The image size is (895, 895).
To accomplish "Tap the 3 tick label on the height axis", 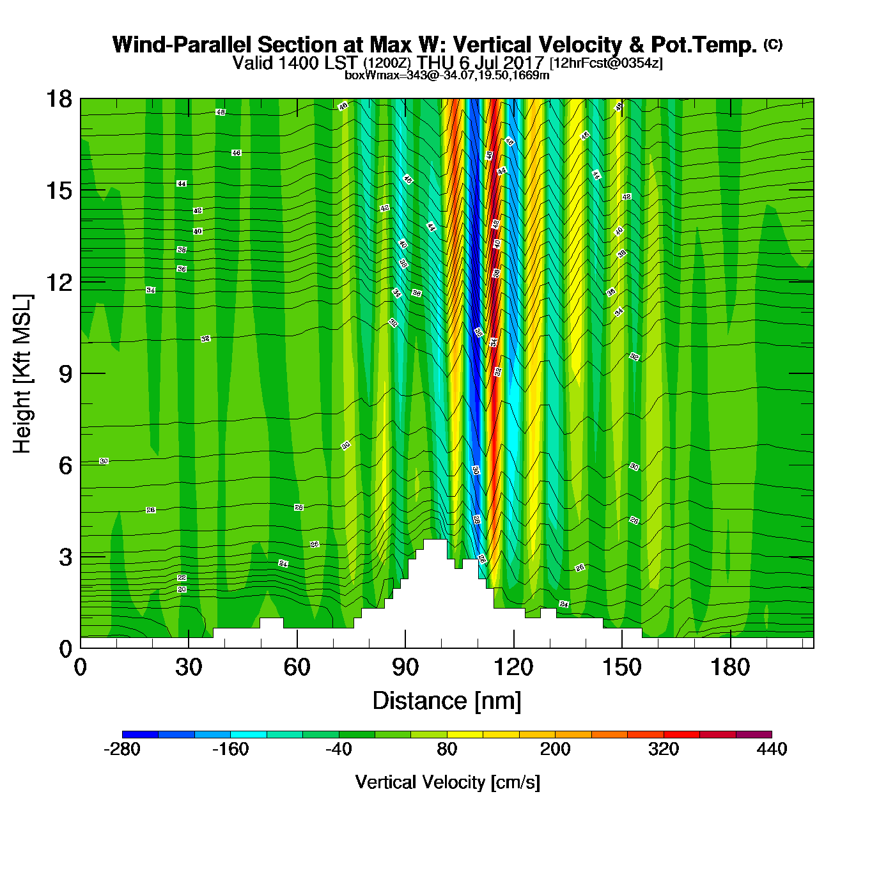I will click(x=65, y=557).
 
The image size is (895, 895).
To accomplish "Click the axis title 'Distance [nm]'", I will click(x=447, y=701).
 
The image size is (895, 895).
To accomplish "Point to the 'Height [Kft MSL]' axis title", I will click(x=22, y=374).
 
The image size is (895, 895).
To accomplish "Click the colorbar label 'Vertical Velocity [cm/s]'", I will click(x=447, y=782).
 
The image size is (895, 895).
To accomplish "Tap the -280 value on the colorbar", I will click(x=121, y=749).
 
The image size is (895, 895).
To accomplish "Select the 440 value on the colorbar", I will click(x=772, y=749).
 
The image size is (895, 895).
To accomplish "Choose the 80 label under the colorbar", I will click(x=447, y=749).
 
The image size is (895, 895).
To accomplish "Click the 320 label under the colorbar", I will click(x=664, y=749).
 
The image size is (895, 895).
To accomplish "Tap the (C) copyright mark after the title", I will click(x=773, y=44).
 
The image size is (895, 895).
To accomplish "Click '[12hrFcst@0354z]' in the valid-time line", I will click(x=606, y=63).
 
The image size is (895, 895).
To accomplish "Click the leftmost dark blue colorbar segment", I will click(x=140, y=735).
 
